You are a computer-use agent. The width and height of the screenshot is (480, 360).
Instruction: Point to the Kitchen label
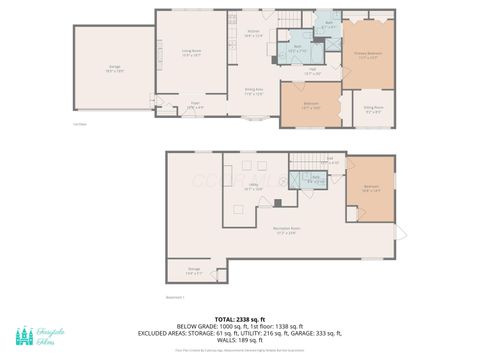(253, 33)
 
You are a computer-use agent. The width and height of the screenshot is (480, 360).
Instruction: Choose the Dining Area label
(255, 91)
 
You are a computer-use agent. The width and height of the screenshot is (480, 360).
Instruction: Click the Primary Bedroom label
(368, 54)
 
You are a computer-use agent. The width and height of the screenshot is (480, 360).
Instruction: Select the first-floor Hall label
(312, 72)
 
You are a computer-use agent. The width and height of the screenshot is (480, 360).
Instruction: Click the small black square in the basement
(278, 202)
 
